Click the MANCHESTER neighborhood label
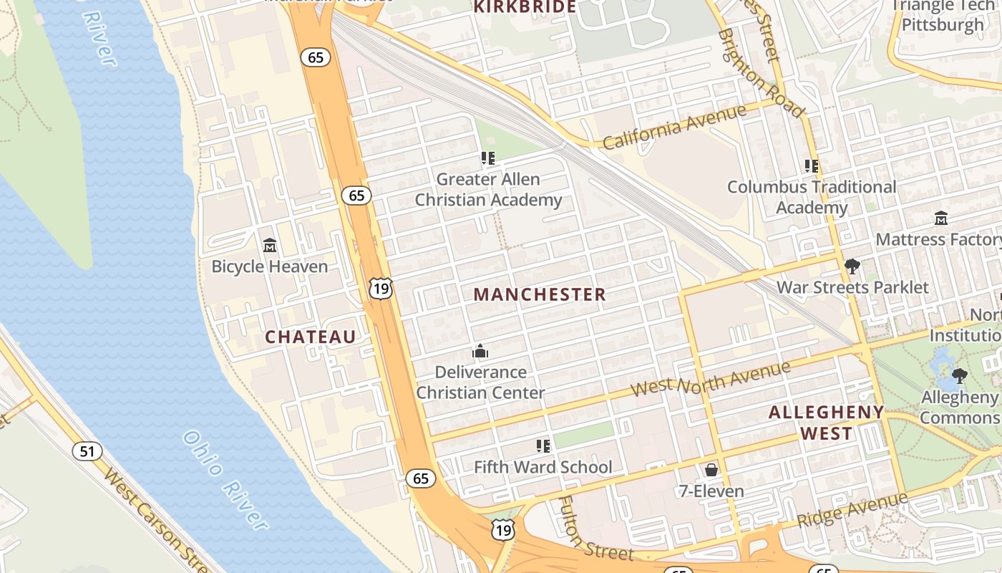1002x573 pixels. point(540,294)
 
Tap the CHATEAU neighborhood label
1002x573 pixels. point(311,337)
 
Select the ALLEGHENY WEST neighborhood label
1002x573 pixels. point(827,423)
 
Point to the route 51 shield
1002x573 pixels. point(87,451)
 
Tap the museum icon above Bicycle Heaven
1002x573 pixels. point(270,246)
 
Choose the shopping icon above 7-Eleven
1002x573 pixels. point(711,470)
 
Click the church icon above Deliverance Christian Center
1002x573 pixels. point(480,351)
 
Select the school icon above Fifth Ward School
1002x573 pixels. point(543,446)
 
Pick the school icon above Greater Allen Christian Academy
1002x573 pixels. point(488,158)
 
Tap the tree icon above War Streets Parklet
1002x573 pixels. point(852,266)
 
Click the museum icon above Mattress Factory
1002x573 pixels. point(941,218)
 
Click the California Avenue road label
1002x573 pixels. point(673,127)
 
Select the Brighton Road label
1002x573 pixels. point(761,72)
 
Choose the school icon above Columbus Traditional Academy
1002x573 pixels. point(812,165)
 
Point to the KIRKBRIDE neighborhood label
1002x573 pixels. point(525,7)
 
